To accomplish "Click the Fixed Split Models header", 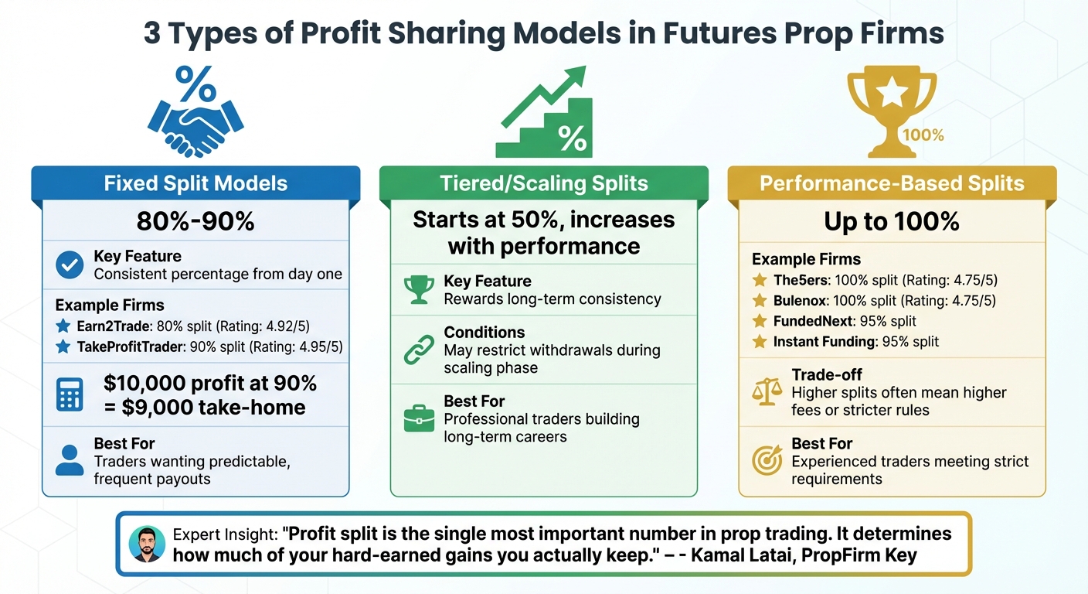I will pyautogui.click(x=195, y=184).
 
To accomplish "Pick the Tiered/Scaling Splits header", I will pyautogui.click(x=543, y=184).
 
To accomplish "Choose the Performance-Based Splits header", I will pyautogui.click(x=892, y=184).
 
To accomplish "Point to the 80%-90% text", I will pyautogui.click(x=195, y=222).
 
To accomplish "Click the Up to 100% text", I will pyautogui.click(x=892, y=222).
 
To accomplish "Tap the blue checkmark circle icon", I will pyautogui.click(x=70, y=265).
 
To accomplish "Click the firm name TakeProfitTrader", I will pyautogui.click(x=130, y=347).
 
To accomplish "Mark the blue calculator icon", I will pyautogui.click(x=70, y=395).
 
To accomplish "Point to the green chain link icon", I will pyautogui.click(x=419, y=350).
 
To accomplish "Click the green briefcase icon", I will pyautogui.click(x=419, y=419).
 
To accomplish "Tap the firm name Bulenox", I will pyautogui.click(x=801, y=301).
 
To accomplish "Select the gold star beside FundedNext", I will pyautogui.click(x=760, y=321).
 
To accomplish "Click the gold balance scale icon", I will pyautogui.click(x=767, y=393).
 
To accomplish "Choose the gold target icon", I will pyautogui.click(x=767, y=461).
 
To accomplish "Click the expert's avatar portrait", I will pyautogui.click(x=147, y=544).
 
